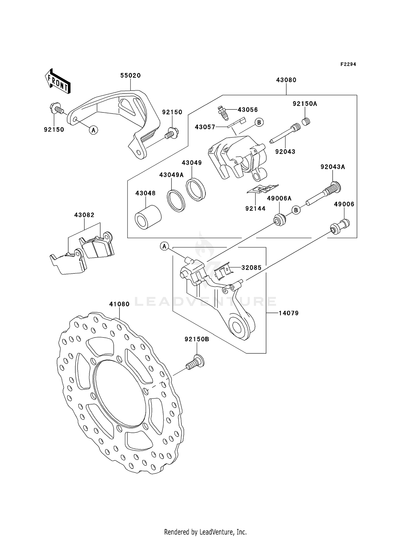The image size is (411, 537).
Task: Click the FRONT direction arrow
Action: (58, 82)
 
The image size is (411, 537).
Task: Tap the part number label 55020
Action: (130, 76)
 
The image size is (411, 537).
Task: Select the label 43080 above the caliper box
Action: (286, 80)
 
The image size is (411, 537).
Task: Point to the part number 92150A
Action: (305, 104)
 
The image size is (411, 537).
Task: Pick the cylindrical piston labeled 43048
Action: (148, 218)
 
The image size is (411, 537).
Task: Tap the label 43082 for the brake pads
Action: (84, 215)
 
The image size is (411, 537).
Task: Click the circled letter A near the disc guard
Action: (93, 130)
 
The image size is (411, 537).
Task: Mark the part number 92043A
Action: (333, 167)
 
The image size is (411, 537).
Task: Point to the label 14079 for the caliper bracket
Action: (289, 313)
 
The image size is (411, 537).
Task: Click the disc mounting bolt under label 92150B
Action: (195, 362)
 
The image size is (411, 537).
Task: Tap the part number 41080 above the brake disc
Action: (119, 304)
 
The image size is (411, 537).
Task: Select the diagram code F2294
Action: (348, 64)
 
